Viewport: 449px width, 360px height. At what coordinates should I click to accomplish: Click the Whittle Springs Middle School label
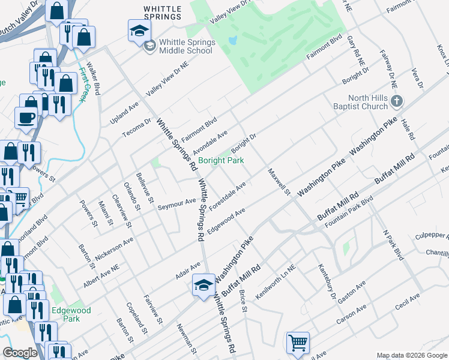(185, 47)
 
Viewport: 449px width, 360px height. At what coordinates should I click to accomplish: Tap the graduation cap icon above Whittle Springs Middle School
(139, 31)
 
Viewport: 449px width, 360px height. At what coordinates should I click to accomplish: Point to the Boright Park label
(221, 160)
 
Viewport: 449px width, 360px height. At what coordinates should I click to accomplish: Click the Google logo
(20, 353)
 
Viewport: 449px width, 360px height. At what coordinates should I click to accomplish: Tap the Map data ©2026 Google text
(411, 355)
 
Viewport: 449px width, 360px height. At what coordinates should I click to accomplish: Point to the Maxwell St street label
(279, 182)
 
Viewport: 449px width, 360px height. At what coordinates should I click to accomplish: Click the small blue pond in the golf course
(232, 41)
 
